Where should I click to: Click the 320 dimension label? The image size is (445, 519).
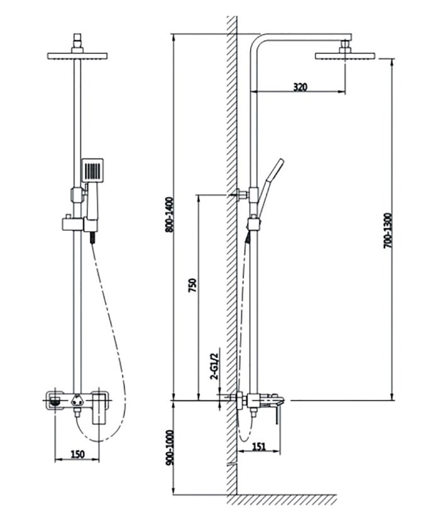[x=300, y=87]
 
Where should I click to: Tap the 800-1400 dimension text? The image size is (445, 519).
[x=169, y=216]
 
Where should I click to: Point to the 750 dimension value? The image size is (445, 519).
[x=192, y=286]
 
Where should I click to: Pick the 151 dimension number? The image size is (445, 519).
[x=258, y=447]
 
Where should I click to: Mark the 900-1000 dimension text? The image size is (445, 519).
[x=169, y=446]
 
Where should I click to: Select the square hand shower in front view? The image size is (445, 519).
[x=92, y=171]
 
